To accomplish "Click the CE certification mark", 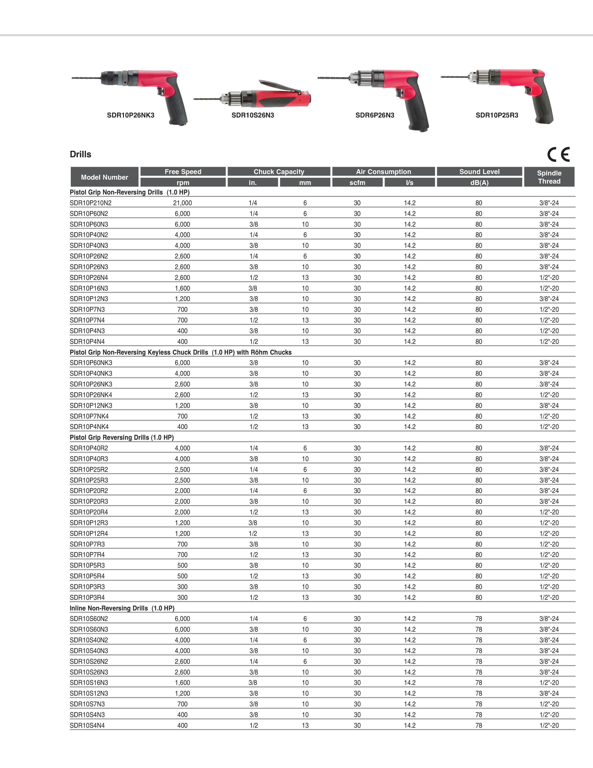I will [558, 154].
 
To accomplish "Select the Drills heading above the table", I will [80, 154].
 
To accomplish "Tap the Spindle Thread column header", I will [549, 177].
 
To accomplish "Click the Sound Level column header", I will [479, 172].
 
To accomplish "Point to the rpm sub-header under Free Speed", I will [183, 182].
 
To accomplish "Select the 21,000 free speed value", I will [182, 203].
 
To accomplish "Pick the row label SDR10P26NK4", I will [91, 395].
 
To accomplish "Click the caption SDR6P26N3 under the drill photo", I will [375, 115].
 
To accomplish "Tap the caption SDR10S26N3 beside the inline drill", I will [253, 115].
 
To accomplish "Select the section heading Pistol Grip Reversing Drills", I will [122, 437].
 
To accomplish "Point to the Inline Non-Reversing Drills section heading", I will [122, 608].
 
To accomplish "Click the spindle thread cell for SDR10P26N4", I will [549, 278].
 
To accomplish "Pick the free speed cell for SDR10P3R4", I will [182, 597].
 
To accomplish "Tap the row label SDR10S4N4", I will [87, 725].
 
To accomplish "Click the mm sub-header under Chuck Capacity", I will [305, 182].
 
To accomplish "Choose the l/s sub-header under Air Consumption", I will [410, 182].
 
